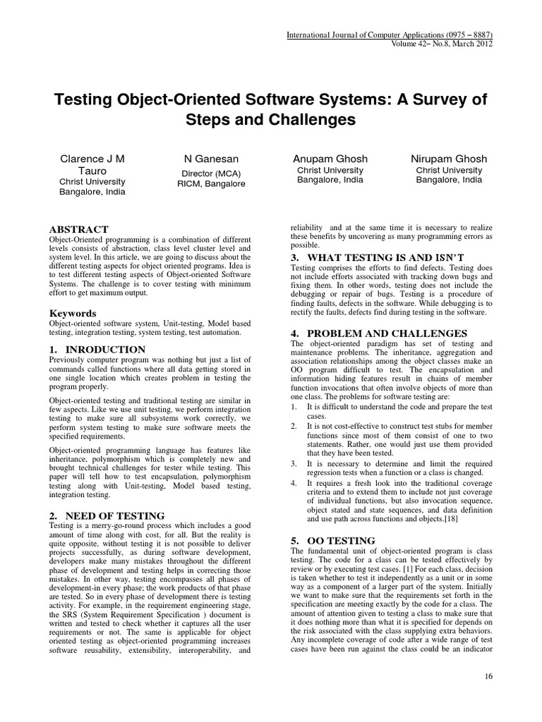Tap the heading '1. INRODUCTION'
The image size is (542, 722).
point(97,349)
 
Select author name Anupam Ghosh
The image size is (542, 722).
point(320,159)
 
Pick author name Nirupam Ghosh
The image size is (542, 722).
point(449,159)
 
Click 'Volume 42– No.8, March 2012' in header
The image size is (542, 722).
point(438,44)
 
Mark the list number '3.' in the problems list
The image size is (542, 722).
point(295,463)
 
